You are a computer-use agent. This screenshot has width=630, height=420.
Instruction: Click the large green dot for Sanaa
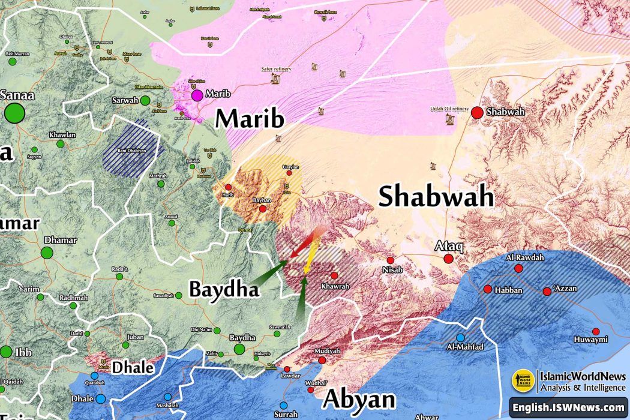coord(15,113)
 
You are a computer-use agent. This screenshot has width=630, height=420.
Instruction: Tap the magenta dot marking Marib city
coord(197,95)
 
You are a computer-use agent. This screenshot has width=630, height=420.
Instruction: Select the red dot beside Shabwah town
coord(477,112)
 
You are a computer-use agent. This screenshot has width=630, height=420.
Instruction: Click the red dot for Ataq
coord(448,259)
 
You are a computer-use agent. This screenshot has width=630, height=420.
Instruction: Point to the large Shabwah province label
coord(436,197)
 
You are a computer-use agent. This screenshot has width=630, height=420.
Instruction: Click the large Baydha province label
coord(224,289)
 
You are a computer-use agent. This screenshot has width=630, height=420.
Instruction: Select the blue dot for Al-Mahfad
coord(460,338)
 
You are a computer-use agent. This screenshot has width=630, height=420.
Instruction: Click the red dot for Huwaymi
coord(596,331)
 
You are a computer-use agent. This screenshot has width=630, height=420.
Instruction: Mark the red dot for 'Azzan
coord(547,292)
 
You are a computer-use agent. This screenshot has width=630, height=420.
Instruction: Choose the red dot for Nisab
coord(391,260)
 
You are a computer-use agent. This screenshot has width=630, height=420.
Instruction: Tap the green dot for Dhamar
coord(47,253)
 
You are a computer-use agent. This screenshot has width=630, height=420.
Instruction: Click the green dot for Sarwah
coord(145,100)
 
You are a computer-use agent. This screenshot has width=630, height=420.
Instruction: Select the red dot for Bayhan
coord(263,209)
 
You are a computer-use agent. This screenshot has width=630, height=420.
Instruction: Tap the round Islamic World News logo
coord(523,380)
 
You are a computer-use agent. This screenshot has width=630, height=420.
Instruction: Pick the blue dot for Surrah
coord(285,404)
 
